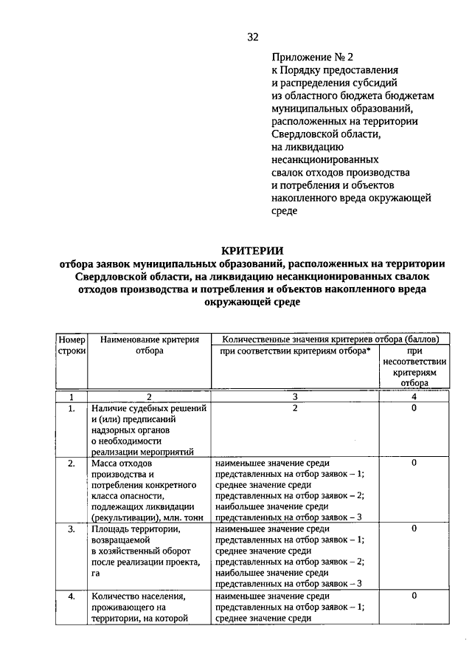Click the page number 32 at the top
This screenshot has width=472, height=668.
[253, 37]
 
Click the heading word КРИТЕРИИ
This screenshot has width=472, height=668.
[253, 251]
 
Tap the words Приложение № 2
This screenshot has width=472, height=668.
[308, 56]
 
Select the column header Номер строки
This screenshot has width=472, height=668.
[72, 345]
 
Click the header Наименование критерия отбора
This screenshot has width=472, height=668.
[150, 345]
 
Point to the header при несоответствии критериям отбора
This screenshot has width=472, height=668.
[414, 368]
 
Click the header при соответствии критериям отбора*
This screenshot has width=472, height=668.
[294, 351]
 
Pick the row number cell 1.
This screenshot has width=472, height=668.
[72, 408]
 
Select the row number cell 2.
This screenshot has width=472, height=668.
[72, 463]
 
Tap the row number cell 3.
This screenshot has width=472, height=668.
[72, 529]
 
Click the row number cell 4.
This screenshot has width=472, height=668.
[72, 596]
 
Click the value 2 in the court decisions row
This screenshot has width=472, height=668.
[294, 408]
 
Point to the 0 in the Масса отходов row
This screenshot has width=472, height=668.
[414, 463]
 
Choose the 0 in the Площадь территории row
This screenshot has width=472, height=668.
[414, 529]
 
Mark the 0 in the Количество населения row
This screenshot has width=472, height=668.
[414, 596]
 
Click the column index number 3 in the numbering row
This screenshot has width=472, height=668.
[294, 396]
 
